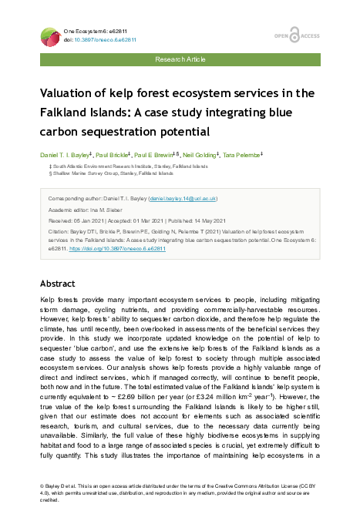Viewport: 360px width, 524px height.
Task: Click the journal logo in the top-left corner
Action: (x=52, y=34)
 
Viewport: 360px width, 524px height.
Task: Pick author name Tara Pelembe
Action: (x=243, y=154)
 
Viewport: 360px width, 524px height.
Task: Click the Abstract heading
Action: (x=57, y=284)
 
